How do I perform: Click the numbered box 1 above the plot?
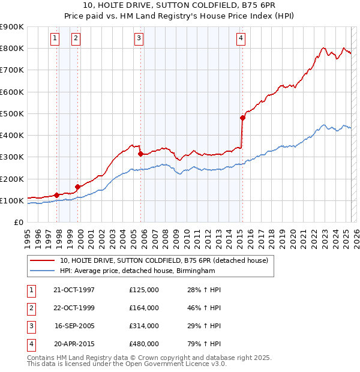pyautogui.click(x=55, y=38)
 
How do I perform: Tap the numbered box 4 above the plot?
pyautogui.click(x=241, y=38)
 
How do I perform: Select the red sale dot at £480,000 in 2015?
pyautogui.click(x=243, y=118)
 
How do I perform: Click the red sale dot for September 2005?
pyautogui.click(x=140, y=154)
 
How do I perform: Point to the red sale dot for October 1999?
pyautogui.click(x=77, y=187)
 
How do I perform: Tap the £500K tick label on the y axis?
pyautogui.click(x=12, y=113)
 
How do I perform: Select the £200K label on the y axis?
pyautogui.click(x=12, y=179)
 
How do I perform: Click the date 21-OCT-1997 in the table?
pyautogui.click(x=74, y=290)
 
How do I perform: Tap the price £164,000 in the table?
pyautogui.click(x=144, y=308)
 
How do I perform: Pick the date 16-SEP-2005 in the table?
pyautogui.click(x=74, y=326)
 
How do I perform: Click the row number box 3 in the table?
pyautogui.click(x=31, y=326)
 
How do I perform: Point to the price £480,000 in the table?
pyautogui.click(x=144, y=344)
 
